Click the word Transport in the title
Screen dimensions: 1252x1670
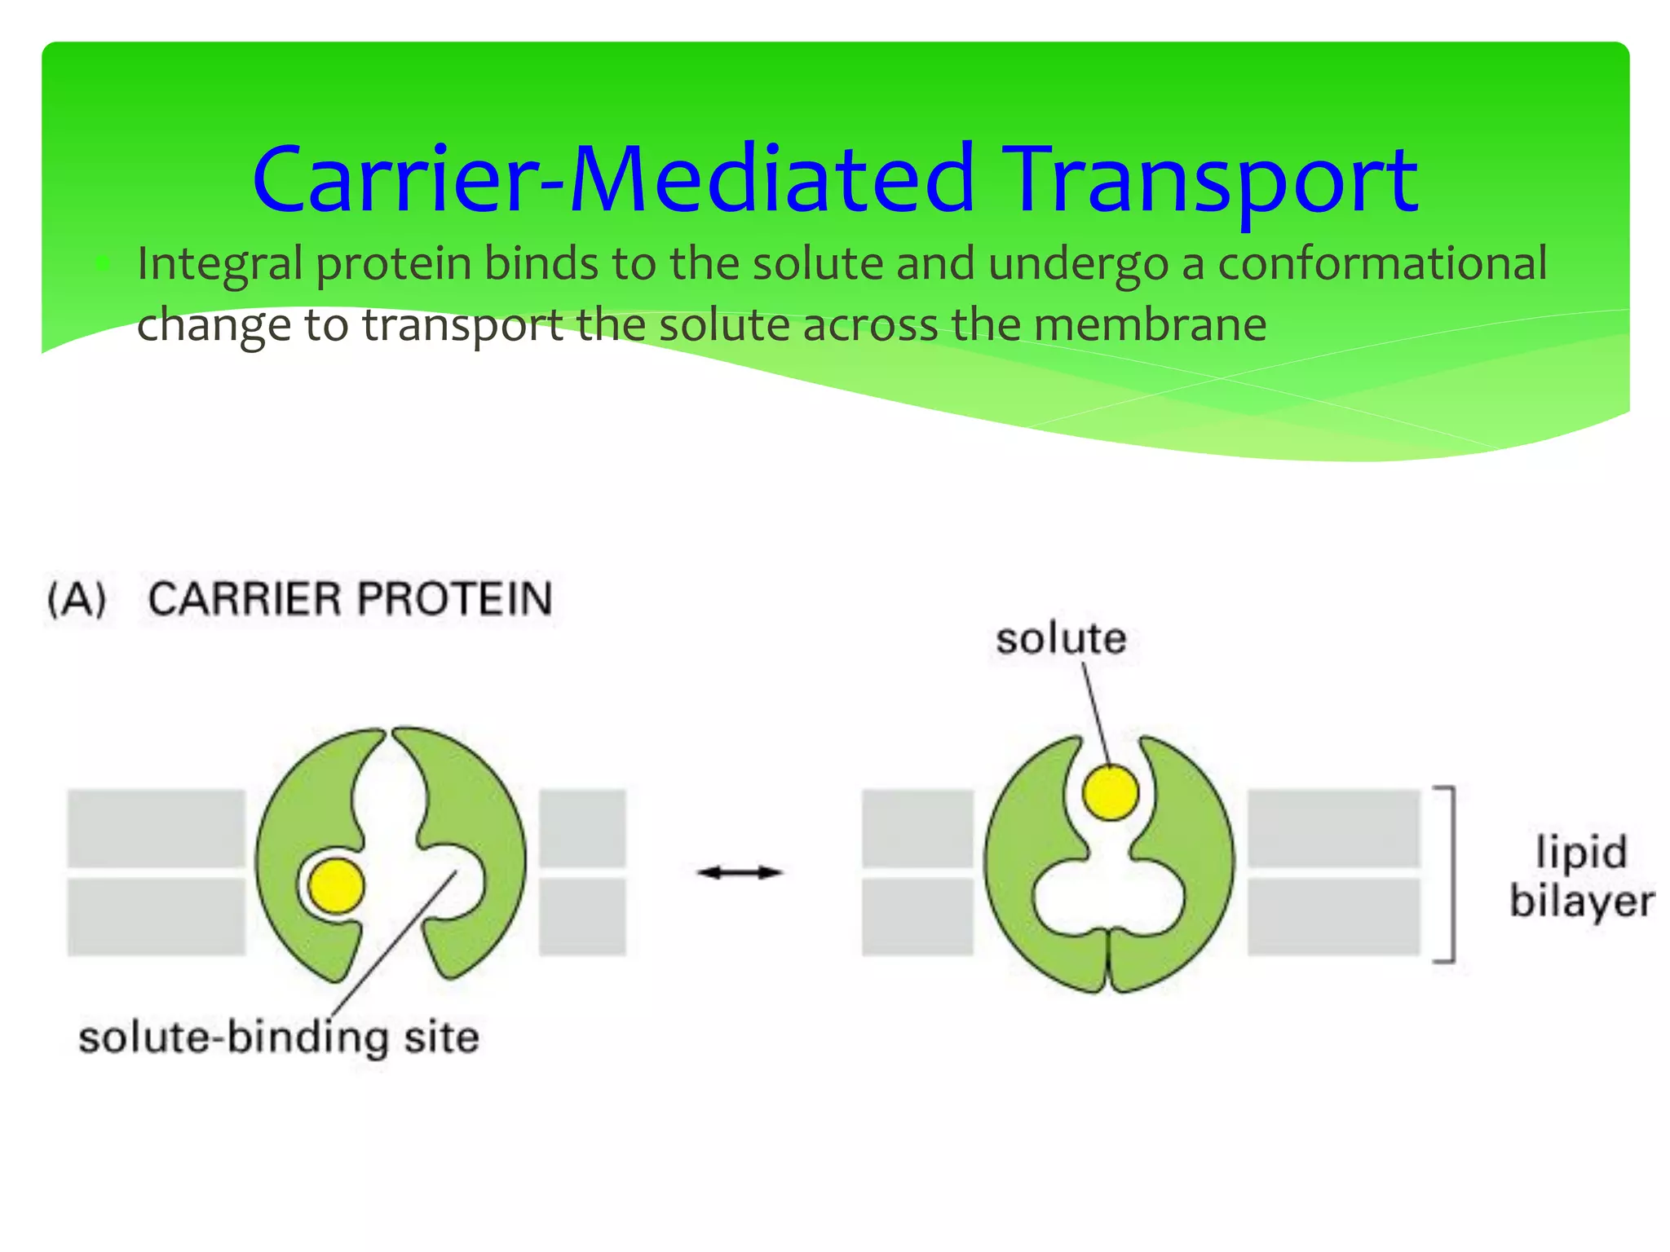tap(1213, 181)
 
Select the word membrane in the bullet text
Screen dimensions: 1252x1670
tap(1150, 325)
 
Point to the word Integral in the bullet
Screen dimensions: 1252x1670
tap(219, 265)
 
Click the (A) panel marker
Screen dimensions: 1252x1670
tap(77, 600)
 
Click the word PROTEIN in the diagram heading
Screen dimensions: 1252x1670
tap(455, 599)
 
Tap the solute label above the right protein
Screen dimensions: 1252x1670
tap(1060, 638)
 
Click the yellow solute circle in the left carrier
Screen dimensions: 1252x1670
tap(336, 886)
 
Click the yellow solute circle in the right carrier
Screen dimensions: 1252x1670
tap(1110, 792)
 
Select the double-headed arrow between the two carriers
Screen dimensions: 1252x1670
tap(740, 873)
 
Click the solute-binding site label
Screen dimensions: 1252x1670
tap(278, 1038)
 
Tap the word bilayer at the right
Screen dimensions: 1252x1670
tap(1581, 902)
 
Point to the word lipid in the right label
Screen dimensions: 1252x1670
tap(1581, 852)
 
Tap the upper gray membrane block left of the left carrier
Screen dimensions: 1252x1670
tap(156, 828)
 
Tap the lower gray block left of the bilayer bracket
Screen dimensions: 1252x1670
tap(1333, 916)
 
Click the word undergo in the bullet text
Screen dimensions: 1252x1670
tap(1078, 265)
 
